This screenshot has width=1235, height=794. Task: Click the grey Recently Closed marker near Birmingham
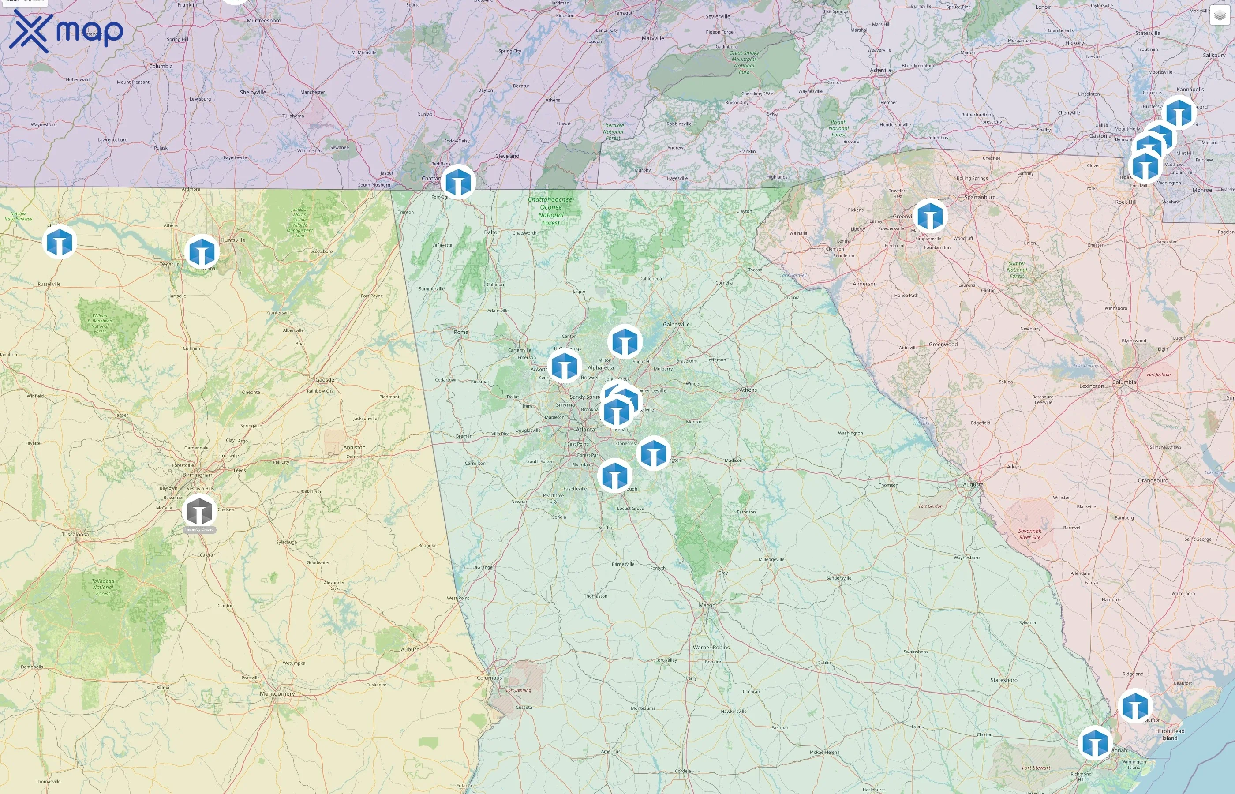199,511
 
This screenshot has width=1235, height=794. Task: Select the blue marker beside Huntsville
202,251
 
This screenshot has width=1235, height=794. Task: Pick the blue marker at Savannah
1095,743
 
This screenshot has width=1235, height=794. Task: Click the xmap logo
66,31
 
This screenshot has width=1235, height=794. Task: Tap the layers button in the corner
1220,15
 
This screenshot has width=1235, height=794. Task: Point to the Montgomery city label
277,693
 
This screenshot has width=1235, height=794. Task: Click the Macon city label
707,605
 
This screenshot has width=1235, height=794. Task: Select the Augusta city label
973,484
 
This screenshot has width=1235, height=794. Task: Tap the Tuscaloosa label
75,534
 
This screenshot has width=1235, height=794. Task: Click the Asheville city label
880,70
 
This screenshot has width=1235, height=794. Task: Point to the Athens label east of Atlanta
748,390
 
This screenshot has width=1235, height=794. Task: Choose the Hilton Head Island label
1170,734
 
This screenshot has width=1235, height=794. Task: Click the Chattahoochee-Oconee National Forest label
550,211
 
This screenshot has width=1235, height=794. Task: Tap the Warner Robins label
711,647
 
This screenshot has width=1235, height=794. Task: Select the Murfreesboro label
264,21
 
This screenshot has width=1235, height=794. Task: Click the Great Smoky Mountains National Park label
744,62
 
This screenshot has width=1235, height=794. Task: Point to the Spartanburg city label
980,197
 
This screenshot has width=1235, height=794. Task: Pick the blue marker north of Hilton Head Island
1134,706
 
